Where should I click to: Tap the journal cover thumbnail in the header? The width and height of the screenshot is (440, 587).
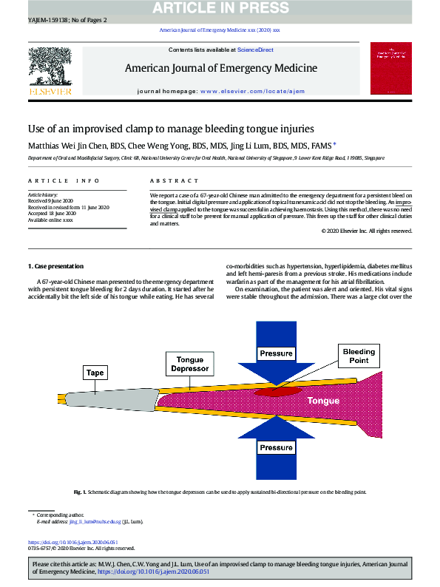(390, 68)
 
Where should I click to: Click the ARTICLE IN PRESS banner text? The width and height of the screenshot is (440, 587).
(220, 8)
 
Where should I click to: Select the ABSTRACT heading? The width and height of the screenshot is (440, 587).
(167, 181)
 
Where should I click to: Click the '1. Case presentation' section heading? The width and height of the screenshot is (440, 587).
(55, 266)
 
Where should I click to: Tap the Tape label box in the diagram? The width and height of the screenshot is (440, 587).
(94, 373)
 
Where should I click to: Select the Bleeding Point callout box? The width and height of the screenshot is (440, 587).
(358, 356)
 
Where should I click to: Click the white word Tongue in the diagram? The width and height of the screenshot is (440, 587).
(323, 401)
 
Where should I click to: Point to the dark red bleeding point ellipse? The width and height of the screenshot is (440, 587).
(278, 390)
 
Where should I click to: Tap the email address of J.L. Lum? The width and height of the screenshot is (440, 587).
(101, 521)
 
